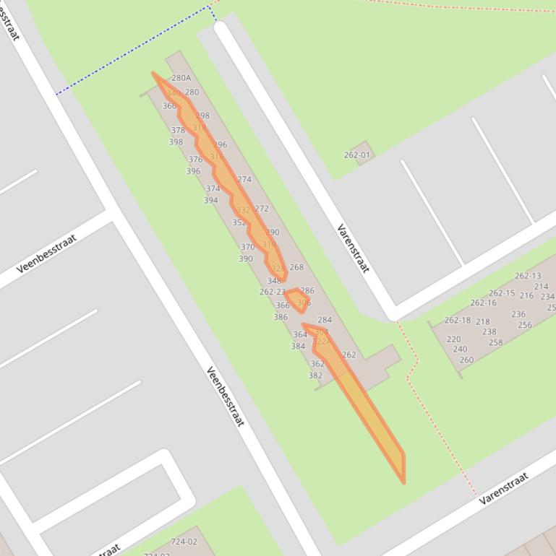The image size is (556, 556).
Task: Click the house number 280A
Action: [181, 78]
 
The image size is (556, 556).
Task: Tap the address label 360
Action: [169, 106]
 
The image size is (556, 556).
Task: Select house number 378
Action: [178, 131]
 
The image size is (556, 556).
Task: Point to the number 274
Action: [244, 180]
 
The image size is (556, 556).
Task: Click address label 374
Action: [213, 189]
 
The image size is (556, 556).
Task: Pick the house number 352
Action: [239, 223]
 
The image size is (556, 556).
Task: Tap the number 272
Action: [262, 209]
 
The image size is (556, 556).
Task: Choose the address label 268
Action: [296, 267]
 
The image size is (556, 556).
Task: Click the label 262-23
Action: [273, 292]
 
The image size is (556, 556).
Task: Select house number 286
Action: [307, 291]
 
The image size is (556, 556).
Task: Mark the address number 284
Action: [325, 320]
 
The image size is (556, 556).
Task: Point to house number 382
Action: [316, 375]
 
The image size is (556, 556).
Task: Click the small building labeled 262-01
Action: [357, 155]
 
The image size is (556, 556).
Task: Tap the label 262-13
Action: [528, 276]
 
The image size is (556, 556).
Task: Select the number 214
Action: [541, 287]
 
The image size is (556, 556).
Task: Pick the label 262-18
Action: [457, 320]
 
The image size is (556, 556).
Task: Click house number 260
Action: [466, 360]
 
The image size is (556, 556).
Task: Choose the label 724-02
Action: [184, 542]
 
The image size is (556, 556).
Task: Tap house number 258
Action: [495, 342]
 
